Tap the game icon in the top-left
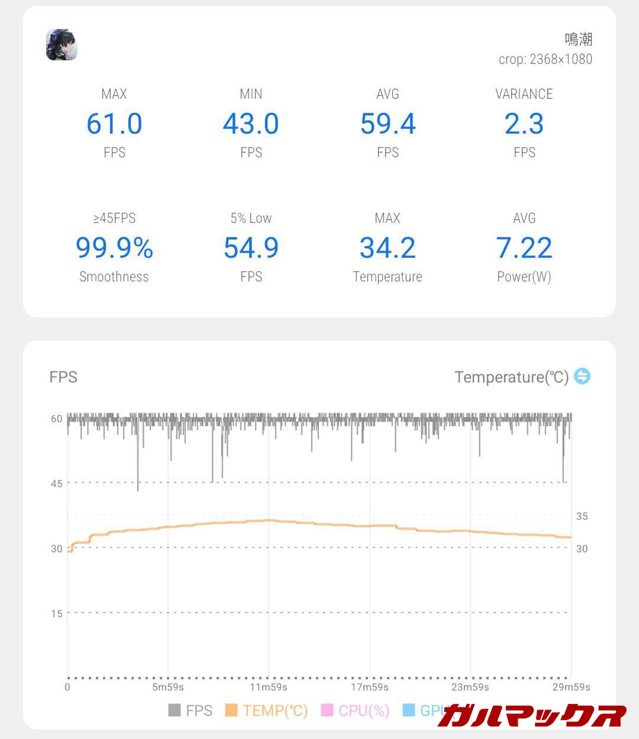(61, 44)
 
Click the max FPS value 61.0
(114, 124)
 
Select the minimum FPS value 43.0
(251, 124)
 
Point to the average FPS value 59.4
(388, 124)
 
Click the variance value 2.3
(524, 124)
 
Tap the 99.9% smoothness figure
(114, 248)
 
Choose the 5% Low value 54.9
(251, 248)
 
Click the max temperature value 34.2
(388, 248)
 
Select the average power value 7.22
(524, 248)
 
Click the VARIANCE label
(524, 94)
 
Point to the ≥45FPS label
(114, 218)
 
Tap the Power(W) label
(524, 277)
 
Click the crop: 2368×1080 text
(545, 59)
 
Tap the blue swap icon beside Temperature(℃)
(582, 376)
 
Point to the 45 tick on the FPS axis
(57, 483)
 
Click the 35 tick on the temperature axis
(582, 516)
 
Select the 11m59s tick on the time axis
(269, 687)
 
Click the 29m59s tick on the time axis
(571, 687)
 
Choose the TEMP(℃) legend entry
(267, 710)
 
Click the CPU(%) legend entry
(355, 710)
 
